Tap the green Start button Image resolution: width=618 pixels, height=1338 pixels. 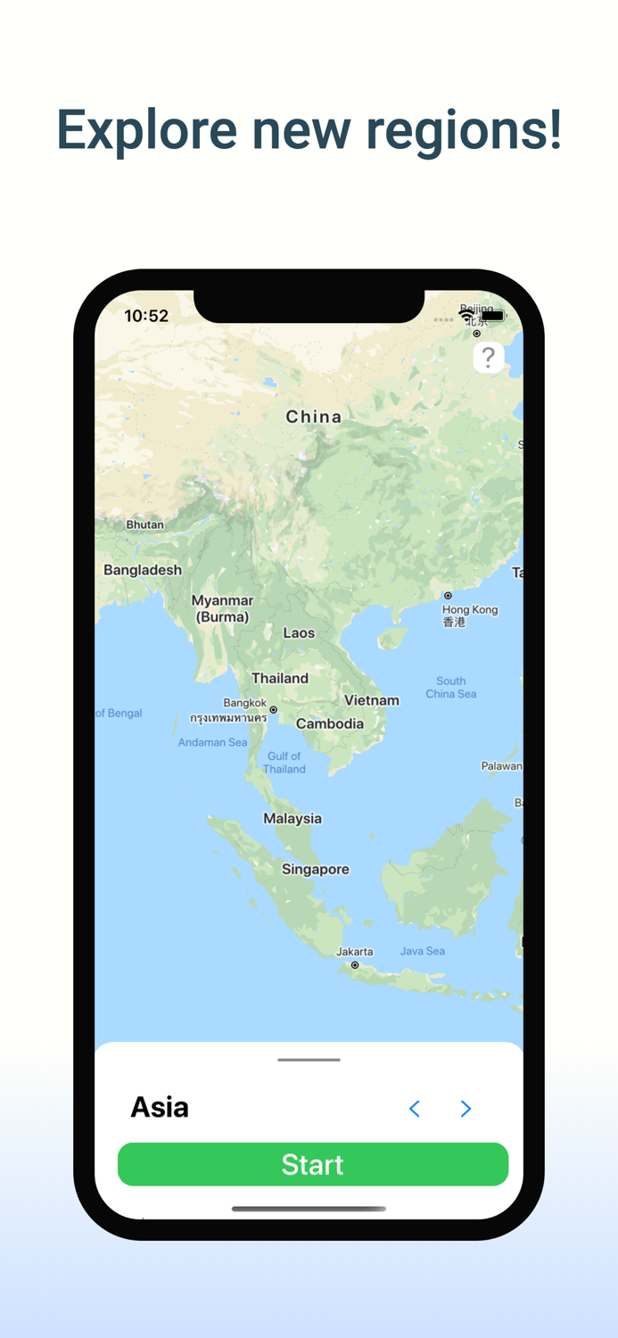point(312,1164)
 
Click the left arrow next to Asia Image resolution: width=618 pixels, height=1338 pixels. point(415,1108)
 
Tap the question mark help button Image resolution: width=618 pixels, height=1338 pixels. point(488,358)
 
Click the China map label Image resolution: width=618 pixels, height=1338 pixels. point(313,417)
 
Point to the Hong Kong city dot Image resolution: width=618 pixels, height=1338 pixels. point(448,595)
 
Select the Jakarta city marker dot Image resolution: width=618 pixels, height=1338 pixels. point(355,965)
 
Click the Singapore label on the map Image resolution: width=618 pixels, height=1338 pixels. point(316,869)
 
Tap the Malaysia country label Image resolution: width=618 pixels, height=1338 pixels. point(293,818)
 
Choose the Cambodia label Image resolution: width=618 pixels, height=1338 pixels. point(330,723)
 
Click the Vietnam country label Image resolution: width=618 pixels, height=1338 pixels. point(372,700)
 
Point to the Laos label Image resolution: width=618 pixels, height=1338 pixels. point(299,632)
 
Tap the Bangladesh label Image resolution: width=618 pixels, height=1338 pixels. point(143,570)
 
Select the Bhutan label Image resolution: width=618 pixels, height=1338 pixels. point(144,524)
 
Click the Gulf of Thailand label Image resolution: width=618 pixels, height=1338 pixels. point(284,763)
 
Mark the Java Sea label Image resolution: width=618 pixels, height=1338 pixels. point(423,951)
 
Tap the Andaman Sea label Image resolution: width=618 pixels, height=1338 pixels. point(212,742)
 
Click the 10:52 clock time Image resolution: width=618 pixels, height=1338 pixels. point(146,316)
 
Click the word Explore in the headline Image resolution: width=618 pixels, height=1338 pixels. point(146,130)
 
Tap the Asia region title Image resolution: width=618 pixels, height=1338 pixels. point(160,1107)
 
